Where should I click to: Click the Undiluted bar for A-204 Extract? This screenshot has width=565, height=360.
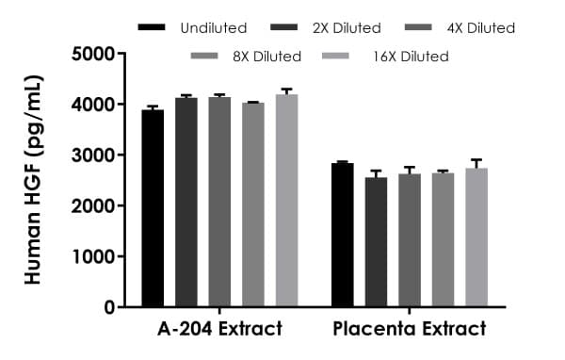(x=153, y=208)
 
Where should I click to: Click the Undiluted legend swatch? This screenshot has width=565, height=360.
(x=151, y=28)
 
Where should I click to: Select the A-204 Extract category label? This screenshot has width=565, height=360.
(x=219, y=330)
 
